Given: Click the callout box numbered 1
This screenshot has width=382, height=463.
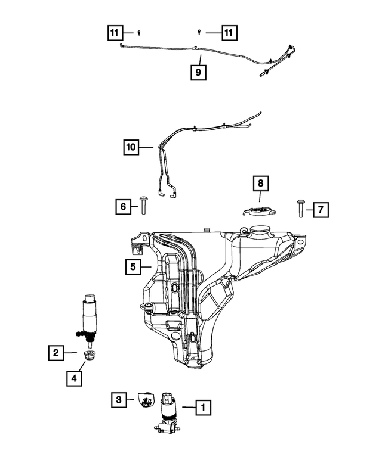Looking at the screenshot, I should coord(203,408).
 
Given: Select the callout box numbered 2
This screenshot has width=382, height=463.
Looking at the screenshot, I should coord(56,353).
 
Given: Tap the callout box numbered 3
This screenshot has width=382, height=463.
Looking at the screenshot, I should coord(119,399).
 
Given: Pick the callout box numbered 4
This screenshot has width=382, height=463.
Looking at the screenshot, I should coord(75,377).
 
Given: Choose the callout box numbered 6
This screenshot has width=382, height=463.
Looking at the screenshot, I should coord(124,207).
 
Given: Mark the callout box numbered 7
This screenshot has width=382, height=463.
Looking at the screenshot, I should coord(320,209).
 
